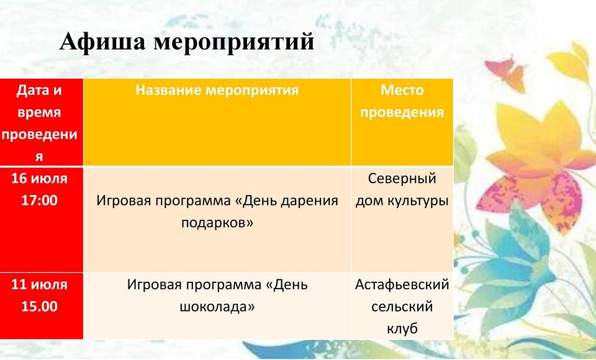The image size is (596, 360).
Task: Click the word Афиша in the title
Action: coord(102,42)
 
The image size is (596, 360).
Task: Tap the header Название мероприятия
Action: coord(217,91)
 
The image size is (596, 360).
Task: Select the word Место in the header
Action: coord(402,90)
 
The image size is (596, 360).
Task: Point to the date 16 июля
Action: coord(39,178)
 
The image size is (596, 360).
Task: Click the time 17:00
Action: coord(39,200)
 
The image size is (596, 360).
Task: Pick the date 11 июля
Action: coord(39,284)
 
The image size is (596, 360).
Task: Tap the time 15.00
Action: coord(39,307)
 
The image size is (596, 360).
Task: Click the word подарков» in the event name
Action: coord(217,223)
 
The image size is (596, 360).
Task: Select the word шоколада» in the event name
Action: coord(217,307)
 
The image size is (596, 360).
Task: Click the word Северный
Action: coord(402,179)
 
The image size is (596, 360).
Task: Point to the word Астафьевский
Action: coord(402,285)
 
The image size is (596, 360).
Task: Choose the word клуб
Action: coord(402,329)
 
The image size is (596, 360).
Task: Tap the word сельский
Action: coord(402,307)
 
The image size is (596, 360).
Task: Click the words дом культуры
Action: coord(402,201)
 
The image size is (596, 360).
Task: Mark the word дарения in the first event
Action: coord(309,200)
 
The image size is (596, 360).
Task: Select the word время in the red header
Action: coord(39,112)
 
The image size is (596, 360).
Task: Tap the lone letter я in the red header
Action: coord(39,157)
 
